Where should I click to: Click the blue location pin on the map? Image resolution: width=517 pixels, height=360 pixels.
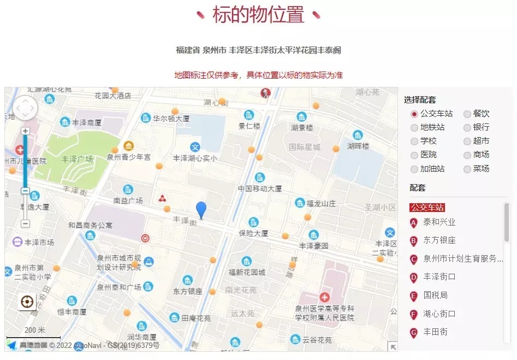coord(201,209)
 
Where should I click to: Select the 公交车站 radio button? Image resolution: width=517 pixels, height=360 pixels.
coord(414,114)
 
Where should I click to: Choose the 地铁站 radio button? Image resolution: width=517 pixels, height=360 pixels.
coord(414,128)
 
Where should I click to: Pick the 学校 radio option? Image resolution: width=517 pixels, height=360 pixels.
coord(414,141)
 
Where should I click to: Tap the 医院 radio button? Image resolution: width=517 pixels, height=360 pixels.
coord(414,155)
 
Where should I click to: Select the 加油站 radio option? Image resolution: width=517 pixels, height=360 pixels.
coord(414,169)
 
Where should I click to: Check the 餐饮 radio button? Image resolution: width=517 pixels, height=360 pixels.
coord(467,114)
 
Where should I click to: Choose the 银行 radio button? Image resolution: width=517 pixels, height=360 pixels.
coord(467,128)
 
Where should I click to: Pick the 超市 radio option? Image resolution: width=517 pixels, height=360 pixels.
coord(467,141)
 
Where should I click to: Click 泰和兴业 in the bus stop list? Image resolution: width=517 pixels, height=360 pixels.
coord(439,222)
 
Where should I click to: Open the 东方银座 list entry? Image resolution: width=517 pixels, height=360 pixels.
coord(439,240)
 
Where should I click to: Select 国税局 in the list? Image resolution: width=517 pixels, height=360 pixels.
coord(435,295)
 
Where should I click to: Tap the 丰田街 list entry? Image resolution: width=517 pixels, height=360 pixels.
coord(435,332)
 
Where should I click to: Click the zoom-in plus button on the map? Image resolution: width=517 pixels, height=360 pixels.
coord(25,131)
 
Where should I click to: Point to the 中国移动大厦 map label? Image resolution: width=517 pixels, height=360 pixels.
coord(260,188)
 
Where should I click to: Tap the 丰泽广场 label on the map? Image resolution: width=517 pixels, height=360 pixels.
coord(77,159)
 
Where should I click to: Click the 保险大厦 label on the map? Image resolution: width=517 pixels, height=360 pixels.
coord(253,233)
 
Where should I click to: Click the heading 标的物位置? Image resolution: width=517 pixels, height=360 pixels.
coord(258,15)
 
